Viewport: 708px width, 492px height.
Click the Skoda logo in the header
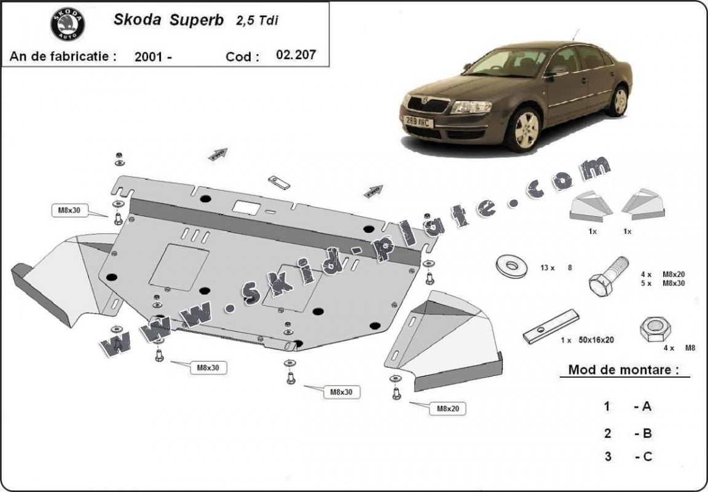tap(67, 25)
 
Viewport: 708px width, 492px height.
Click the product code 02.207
tap(296, 55)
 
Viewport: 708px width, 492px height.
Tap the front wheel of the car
tap(524, 130)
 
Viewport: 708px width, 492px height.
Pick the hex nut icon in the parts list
tap(655, 330)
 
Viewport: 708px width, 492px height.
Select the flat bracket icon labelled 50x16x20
tap(551, 327)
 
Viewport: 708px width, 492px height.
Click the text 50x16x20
tap(596, 340)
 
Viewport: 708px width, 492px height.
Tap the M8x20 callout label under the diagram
tap(452, 408)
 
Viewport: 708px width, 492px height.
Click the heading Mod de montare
tap(623, 370)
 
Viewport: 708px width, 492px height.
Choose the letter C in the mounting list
tap(647, 456)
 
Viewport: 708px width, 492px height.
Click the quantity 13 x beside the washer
tap(548, 268)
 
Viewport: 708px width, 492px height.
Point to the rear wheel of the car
tap(618, 101)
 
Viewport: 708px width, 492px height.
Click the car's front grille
tap(428, 104)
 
